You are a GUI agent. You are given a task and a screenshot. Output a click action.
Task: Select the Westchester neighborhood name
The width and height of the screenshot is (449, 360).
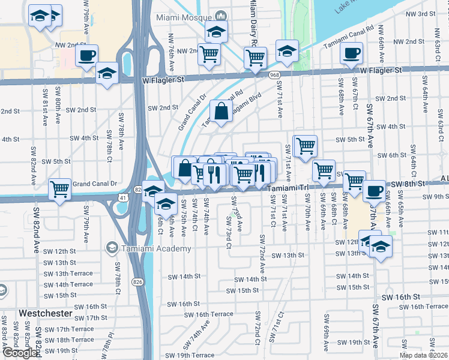(46, 313)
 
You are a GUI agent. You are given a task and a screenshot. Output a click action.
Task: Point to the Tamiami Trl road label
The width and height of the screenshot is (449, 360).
(288, 188)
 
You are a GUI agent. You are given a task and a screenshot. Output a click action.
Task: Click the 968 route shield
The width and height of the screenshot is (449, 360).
(274, 74)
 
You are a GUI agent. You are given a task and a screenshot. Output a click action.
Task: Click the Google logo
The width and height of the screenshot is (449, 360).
(20, 353)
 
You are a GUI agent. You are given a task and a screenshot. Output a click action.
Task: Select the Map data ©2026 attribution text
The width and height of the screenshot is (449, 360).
(424, 355)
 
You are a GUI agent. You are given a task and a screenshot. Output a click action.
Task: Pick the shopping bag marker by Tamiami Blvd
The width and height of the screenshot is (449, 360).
(221, 110)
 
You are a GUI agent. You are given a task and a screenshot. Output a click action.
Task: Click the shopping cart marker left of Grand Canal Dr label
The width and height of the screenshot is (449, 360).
(60, 189)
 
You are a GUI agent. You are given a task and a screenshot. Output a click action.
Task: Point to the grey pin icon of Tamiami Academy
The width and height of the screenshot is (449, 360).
(111, 248)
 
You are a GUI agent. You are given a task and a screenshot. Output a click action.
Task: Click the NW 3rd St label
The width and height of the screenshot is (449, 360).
(420, 14)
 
